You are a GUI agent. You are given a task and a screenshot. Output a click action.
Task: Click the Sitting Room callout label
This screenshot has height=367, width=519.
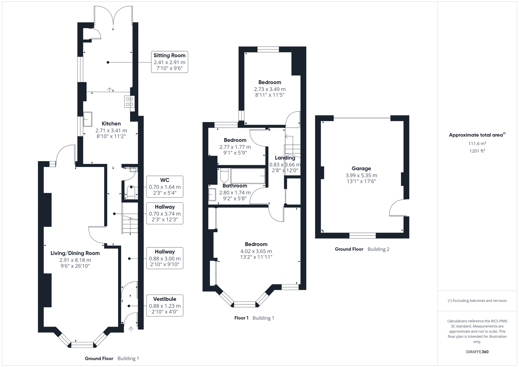169,62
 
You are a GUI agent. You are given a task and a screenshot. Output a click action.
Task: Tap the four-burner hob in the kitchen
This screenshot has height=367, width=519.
129,101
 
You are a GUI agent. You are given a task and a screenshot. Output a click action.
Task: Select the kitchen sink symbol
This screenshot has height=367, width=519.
88,119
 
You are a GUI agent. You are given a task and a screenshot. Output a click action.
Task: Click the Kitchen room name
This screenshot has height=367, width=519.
111,124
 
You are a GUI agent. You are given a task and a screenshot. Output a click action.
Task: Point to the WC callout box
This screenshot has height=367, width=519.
165,187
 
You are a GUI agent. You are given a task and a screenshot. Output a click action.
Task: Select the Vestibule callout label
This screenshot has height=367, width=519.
165,305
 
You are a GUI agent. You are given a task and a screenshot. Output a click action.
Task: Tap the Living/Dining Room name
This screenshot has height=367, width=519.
75,253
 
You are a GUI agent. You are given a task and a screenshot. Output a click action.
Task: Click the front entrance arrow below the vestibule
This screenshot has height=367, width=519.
131,329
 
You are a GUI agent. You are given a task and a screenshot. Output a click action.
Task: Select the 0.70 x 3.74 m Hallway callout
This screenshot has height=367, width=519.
165,213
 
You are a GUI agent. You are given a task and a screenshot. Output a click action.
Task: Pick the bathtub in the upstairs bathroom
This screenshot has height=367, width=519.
248,176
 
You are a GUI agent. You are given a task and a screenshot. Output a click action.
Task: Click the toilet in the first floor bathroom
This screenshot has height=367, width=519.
224,175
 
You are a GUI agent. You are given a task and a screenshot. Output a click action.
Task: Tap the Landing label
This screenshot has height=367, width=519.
285,158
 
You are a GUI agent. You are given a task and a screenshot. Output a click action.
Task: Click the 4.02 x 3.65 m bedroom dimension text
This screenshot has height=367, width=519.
256,251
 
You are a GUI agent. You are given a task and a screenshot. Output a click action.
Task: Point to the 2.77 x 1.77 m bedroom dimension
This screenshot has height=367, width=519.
235,147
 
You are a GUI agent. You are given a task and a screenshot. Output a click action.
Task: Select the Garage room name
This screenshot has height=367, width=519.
361,168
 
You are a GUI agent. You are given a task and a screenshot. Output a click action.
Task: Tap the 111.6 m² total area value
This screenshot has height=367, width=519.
477,144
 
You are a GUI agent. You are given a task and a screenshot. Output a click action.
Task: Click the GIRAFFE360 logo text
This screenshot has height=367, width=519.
477,352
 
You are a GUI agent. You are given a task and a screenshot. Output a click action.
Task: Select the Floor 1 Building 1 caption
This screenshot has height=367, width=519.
254,318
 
